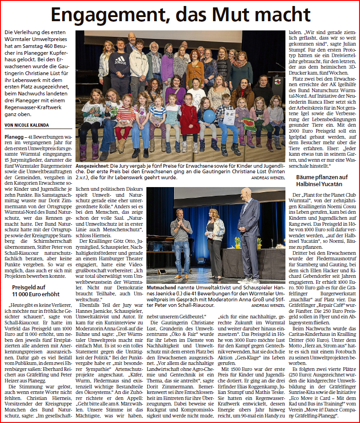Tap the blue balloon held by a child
pyautogui.click(x=209, y=116)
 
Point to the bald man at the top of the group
pyautogui.click(x=132, y=39)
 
